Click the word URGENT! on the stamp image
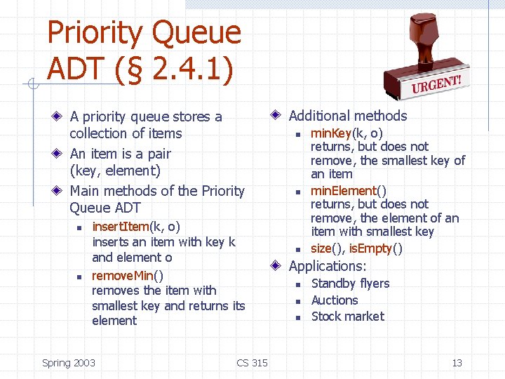(x=436, y=86)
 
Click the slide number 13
(x=457, y=363)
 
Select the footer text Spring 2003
(x=69, y=363)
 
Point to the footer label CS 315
(x=252, y=363)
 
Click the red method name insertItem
(x=121, y=227)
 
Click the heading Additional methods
(x=348, y=116)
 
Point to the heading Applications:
(x=328, y=266)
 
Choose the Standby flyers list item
(x=350, y=284)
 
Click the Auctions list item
(x=335, y=300)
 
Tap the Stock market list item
(x=347, y=317)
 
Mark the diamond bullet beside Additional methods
(x=277, y=115)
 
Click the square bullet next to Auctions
(x=297, y=301)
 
